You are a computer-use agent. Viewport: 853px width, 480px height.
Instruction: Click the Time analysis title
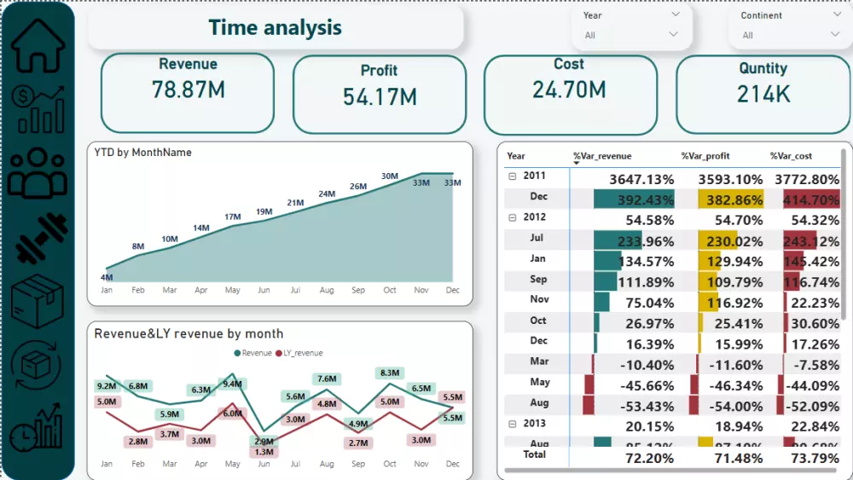point(275,27)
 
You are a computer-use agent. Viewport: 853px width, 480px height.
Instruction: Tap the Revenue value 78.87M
point(189,89)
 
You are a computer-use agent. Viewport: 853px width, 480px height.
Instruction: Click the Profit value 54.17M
point(380,96)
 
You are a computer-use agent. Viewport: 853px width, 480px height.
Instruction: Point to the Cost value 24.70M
point(569,90)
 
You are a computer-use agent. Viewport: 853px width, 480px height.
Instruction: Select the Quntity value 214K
point(763,94)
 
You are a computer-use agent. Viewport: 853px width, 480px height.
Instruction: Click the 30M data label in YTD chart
point(390,176)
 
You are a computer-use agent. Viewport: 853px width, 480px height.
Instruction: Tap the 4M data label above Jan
point(107,277)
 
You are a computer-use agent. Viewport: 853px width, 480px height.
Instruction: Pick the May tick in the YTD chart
point(232,291)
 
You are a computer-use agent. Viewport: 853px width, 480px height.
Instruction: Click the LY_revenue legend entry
point(299,353)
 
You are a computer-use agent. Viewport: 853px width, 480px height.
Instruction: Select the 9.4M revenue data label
point(233,384)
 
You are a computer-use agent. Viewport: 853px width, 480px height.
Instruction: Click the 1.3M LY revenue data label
point(264,451)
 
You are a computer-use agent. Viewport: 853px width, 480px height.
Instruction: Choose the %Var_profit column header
point(705,156)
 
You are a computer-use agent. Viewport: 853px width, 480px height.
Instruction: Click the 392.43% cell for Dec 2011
point(634,200)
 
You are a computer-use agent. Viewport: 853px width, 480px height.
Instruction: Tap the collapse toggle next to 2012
point(513,217)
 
